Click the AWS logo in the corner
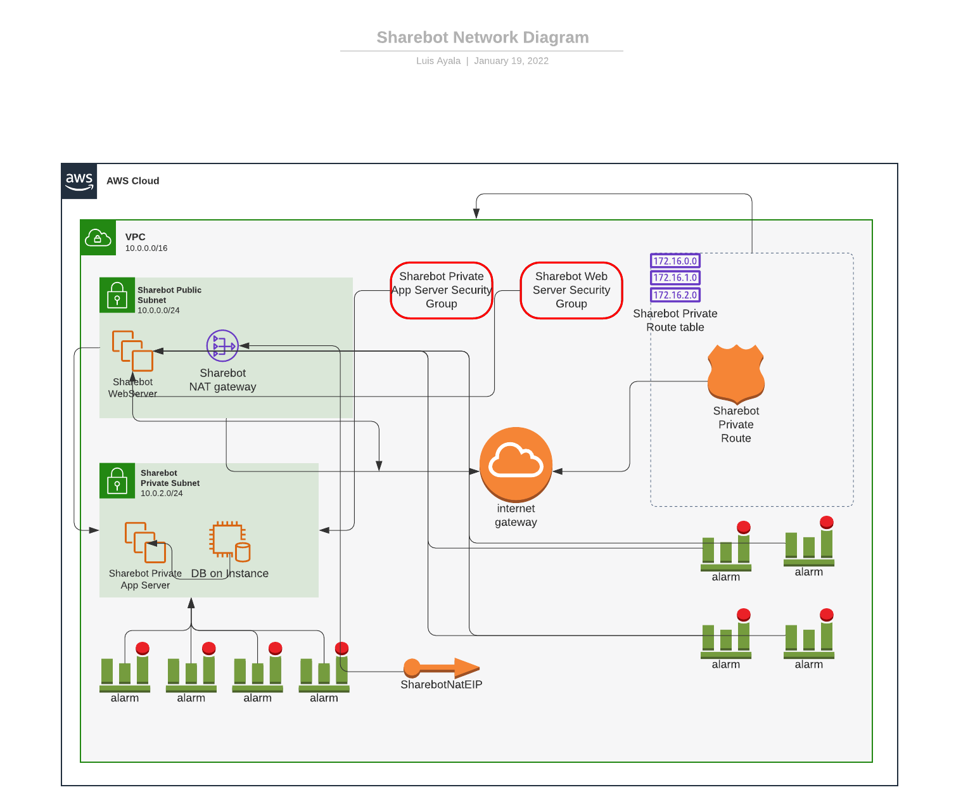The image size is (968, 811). click(79, 181)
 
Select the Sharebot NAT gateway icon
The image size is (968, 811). click(222, 346)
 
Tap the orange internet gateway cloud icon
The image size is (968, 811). click(516, 464)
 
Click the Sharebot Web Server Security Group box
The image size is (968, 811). click(571, 290)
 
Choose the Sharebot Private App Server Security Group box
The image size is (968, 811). click(442, 290)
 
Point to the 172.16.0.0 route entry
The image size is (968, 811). click(675, 261)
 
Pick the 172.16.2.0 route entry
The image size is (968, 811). click(675, 295)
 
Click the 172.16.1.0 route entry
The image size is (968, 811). click(675, 278)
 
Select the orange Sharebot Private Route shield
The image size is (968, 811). click(736, 374)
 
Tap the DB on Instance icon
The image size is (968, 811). click(229, 542)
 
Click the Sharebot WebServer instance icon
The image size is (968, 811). click(133, 351)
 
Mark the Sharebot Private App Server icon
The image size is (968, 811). click(146, 542)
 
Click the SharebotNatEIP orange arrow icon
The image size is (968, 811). click(442, 668)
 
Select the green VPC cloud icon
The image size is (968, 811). click(98, 238)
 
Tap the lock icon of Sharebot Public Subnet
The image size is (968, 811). click(117, 295)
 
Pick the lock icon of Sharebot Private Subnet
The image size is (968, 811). click(117, 481)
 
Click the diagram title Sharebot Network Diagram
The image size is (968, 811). click(483, 37)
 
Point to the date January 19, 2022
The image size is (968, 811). click(511, 61)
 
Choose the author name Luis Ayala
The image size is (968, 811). click(438, 61)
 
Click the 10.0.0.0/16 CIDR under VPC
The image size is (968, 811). click(146, 248)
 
